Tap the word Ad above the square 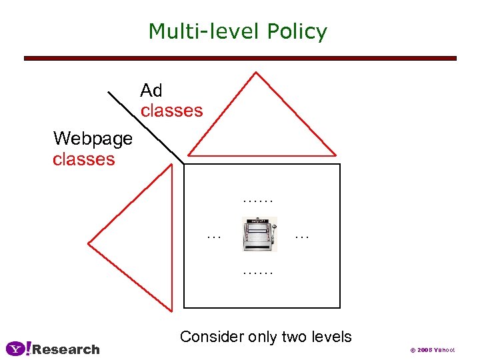pos(151,90)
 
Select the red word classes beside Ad pos(171,110)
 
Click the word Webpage pos(93,139)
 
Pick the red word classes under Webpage pos(83,159)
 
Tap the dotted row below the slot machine pos(259,272)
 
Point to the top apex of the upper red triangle pos(256,73)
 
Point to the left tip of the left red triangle pos(89,242)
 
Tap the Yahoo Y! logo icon pos(18,348)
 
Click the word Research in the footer pos(66,349)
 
